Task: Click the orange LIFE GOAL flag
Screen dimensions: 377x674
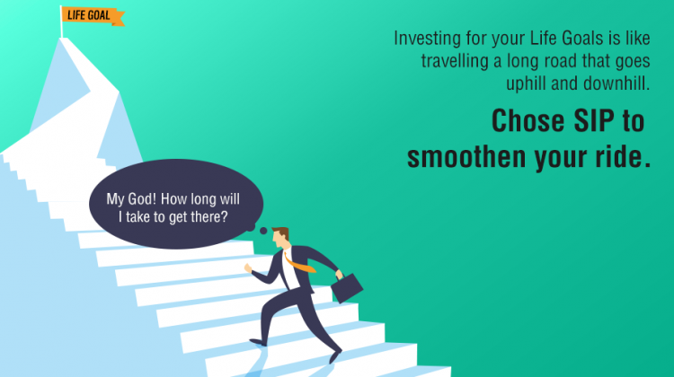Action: [x=93, y=15]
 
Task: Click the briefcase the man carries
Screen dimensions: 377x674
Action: [x=347, y=286]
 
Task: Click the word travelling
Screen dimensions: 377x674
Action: [x=457, y=61]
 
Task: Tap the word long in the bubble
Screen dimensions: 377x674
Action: [x=216, y=199]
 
